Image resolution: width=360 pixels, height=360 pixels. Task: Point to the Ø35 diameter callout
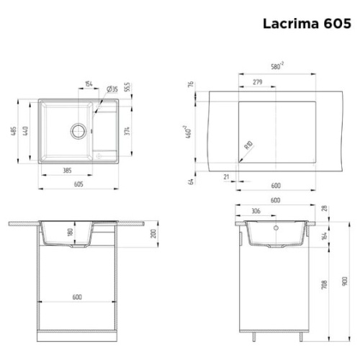point(112,89)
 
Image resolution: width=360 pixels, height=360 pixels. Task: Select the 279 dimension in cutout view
point(256,82)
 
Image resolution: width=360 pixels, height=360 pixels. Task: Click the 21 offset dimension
point(226,176)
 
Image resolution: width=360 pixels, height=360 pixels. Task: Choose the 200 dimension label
point(153,235)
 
